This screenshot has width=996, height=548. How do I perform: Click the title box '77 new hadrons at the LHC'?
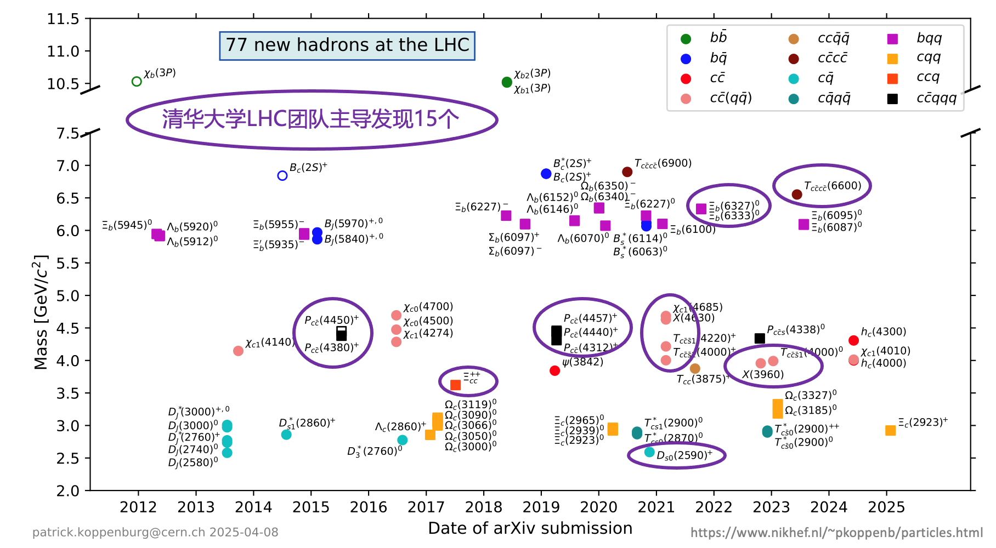coord(347,45)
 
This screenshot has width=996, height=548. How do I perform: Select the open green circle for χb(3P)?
coord(137,82)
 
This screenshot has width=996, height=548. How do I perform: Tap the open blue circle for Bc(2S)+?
coord(282,176)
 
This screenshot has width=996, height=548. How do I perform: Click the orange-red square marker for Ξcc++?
coord(455,385)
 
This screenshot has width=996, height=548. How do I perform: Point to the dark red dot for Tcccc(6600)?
coord(797,195)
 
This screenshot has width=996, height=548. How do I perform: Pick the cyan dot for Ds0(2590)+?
coord(649,452)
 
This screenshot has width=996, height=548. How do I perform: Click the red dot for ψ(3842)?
coord(554,371)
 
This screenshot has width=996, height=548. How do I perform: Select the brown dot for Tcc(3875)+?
coord(695,369)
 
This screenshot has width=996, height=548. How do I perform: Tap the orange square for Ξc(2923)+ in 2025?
coord(890,431)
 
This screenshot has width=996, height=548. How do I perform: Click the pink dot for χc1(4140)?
coord(238,351)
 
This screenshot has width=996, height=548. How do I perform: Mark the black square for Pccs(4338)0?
coord(760,339)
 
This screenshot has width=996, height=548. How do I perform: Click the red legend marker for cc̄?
coord(686,79)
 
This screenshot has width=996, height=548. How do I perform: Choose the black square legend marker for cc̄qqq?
coord(892,99)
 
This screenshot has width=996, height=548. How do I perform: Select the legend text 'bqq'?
coord(929,38)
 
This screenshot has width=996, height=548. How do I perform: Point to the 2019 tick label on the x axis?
coord(541,507)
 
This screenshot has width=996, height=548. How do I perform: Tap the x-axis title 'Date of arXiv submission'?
coord(530,528)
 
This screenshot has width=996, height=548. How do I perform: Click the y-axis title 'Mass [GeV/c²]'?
coord(41,312)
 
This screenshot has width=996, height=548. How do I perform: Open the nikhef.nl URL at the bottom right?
coord(836,533)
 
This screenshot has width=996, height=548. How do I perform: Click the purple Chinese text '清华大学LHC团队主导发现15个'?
coord(310,119)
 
